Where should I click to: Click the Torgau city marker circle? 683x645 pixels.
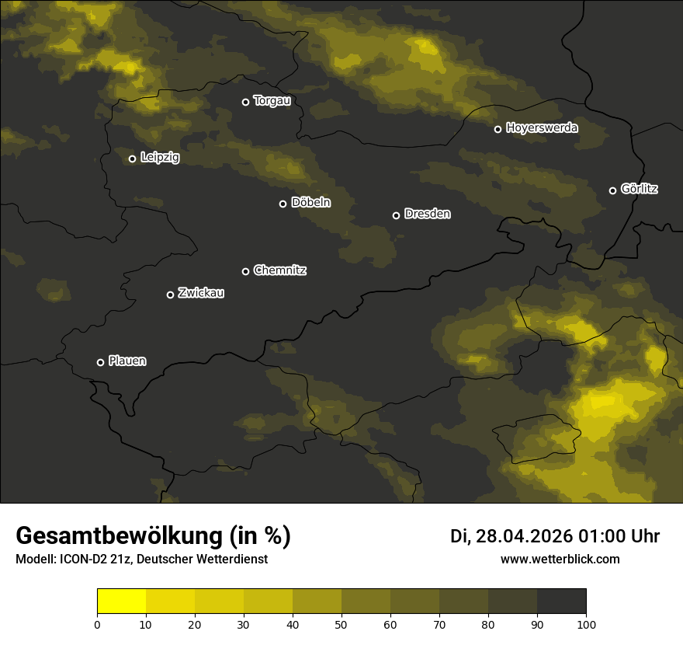(245, 102)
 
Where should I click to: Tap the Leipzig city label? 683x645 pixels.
(160, 158)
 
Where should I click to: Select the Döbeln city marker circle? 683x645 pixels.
(283, 204)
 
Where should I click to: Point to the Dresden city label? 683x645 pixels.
(428, 214)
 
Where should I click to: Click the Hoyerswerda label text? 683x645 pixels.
(542, 128)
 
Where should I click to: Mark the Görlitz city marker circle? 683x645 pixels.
(612, 190)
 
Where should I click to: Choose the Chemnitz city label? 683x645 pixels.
(280, 270)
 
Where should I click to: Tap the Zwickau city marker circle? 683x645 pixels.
(170, 295)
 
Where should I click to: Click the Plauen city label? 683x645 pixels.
(127, 361)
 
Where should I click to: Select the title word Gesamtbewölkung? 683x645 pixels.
(120, 536)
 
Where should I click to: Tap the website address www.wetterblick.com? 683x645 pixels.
(560, 559)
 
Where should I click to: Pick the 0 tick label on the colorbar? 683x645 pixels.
(97, 624)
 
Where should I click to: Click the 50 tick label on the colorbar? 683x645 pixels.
(341, 624)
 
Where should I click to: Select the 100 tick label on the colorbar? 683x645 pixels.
(586, 624)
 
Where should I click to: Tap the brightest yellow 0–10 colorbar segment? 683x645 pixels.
(122, 601)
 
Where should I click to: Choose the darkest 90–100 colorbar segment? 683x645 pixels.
(561, 601)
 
